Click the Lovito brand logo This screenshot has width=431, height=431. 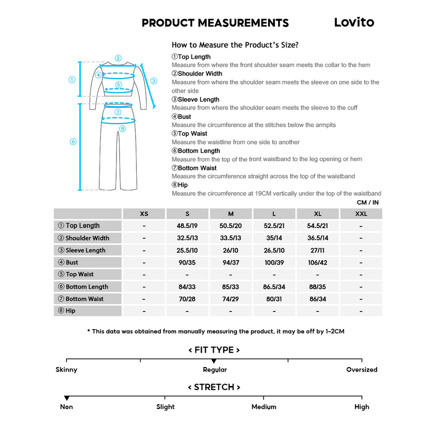tap(354, 22)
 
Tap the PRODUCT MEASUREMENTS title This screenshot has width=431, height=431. tap(215, 23)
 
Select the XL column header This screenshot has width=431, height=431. tap(317, 214)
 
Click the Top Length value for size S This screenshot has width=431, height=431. tap(187, 226)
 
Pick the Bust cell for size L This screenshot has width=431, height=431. tap(274, 263)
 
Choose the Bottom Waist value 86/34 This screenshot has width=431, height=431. tap(317, 299)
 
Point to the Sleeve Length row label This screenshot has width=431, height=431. tap(85, 250)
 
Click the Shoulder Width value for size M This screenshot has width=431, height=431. tap(231, 238)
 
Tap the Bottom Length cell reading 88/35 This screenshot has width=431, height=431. tap(317, 287)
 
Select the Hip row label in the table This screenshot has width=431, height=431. tap(70, 311)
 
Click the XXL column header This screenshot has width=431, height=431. tap(361, 214)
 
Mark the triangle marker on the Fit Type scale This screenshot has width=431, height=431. tap(214, 361)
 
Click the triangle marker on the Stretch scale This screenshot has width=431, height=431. tap(67, 398)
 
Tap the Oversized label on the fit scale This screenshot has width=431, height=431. tap(362, 370)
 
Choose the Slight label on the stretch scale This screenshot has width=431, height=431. tap(165, 407)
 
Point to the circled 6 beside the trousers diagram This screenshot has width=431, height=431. tap(73, 142)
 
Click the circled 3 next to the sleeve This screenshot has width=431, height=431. tap(154, 81)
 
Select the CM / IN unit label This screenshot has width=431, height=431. tap(367, 202)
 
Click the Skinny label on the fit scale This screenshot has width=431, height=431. tap(67, 370)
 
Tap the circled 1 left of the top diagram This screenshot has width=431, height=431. tap(72, 80)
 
